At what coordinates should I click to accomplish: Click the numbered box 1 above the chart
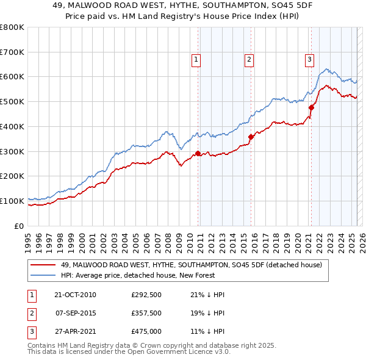pos(196,59)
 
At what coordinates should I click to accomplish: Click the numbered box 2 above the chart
pos(249,59)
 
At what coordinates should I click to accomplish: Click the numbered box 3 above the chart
pos(309,59)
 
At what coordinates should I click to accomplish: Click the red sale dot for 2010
pos(198,153)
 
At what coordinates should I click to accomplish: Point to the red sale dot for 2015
pos(251,137)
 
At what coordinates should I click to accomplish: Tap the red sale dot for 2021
pos(311,107)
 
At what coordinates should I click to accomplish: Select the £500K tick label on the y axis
pos(12,101)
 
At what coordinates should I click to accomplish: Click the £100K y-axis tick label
pos(12,201)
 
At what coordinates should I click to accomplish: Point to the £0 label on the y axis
pos(19,226)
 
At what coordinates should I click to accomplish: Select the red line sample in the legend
pos(43,265)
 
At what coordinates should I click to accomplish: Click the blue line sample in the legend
pos(43,275)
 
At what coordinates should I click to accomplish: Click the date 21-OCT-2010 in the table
pos(75,295)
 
